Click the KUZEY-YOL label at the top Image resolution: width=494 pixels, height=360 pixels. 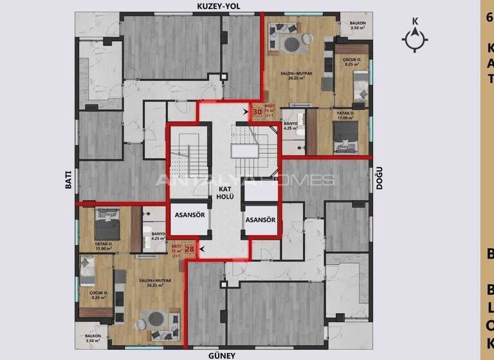[x=221, y=6]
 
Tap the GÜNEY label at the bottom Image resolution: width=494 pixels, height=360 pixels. [x=221, y=355]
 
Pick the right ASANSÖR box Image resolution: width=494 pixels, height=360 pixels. [x=261, y=220]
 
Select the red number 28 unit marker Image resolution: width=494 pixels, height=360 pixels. [x=190, y=249]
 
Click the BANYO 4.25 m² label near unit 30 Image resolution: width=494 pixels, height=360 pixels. [x=291, y=125]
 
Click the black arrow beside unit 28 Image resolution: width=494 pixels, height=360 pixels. [x=203, y=249]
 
